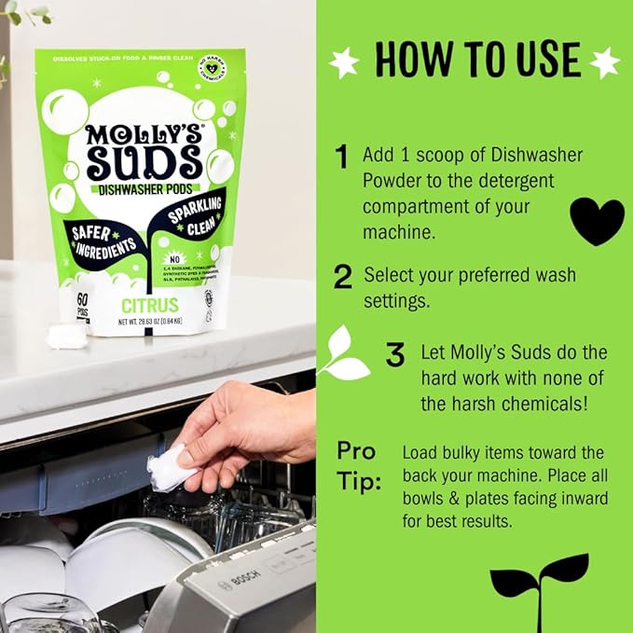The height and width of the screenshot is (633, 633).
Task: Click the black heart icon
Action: (x=597, y=221)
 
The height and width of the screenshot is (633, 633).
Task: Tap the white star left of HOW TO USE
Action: (x=344, y=62)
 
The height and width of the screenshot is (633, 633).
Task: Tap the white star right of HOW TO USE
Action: (x=604, y=62)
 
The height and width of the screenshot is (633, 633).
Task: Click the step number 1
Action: (x=342, y=156)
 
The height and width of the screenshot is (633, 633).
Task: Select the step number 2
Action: (x=343, y=277)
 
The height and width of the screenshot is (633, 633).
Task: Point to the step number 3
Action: (x=395, y=354)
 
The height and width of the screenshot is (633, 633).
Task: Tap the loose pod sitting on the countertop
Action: (x=67, y=337)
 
